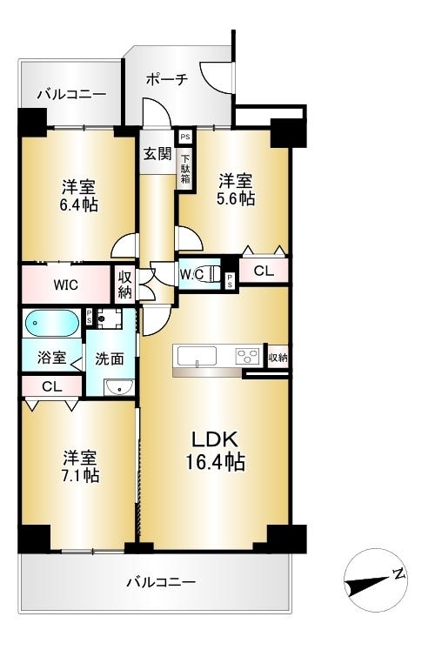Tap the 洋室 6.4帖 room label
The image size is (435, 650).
[78, 197]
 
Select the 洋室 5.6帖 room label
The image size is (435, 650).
[236, 190]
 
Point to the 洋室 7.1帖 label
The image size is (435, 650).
[79, 466]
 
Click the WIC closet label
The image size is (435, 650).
[66, 285]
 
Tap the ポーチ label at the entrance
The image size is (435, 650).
[166, 79]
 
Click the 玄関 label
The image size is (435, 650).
[157, 154]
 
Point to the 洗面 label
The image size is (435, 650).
[110, 358]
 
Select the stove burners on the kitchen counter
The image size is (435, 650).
[249, 356]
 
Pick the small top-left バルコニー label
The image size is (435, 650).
[71, 93]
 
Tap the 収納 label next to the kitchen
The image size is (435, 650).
[278, 357]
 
